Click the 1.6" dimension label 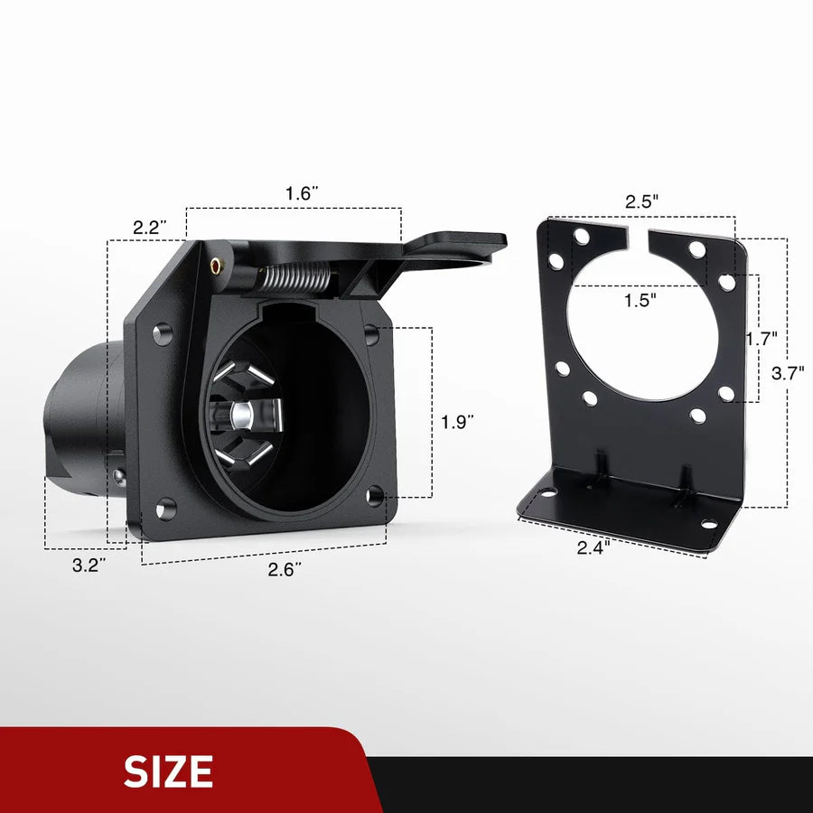click(302, 193)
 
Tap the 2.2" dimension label click(146, 228)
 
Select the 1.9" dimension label click(457, 421)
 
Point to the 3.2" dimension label click(89, 565)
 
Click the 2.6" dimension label click(285, 569)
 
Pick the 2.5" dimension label click(642, 201)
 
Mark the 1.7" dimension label click(762, 339)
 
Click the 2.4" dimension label click(593, 546)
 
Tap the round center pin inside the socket click(241, 415)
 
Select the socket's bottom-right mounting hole click(375, 495)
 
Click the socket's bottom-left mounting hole click(164, 509)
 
